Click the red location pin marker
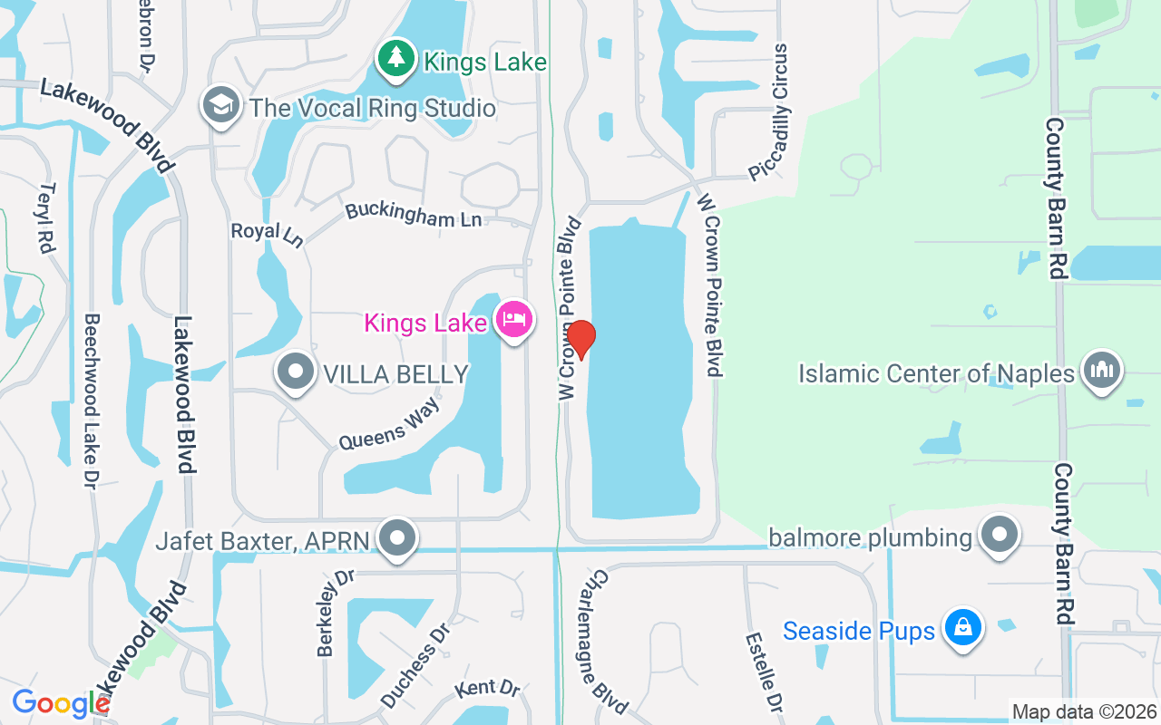point(580,340)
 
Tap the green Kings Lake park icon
point(395,60)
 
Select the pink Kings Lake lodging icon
point(514,320)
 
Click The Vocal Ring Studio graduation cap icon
point(220,106)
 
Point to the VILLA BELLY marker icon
point(295,372)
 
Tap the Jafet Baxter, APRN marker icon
point(396,539)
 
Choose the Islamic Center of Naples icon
point(1102,371)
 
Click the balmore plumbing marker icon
point(1000,535)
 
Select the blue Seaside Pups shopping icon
point(962,628)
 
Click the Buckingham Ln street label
point(413,216)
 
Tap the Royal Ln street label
point(267,234)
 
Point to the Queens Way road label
point(389,424)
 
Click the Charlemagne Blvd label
point(608,638)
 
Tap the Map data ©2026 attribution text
point(1084,711)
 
